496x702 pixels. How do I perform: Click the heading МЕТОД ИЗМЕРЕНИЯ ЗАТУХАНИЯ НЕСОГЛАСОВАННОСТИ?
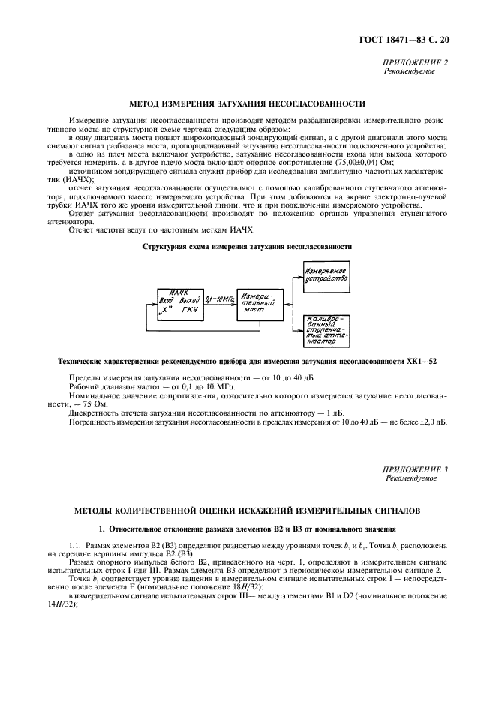[x=248, y=103]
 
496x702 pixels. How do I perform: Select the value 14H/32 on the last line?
[x=58, y=604]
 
